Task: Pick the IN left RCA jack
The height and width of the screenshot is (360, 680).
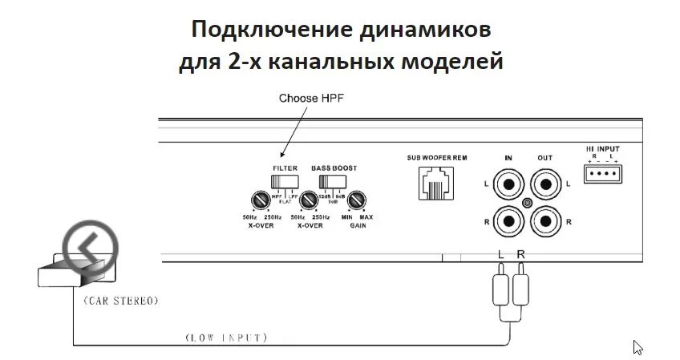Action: (x=508, y=186)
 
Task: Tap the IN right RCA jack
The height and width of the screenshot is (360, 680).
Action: (x=508, y=219)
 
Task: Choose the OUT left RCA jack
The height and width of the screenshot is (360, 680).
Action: (x=545, y=186)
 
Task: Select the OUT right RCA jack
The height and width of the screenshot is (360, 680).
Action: (x=545, y=219)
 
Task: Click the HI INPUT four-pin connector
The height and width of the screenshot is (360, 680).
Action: (x=602, y=175)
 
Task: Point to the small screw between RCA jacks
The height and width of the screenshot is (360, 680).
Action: (x=527, y=203)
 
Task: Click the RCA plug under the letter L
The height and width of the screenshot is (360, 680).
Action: (x=500, y=289)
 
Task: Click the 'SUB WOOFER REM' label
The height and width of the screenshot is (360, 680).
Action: (x=436, y=157)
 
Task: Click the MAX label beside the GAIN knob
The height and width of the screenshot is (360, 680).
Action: (x=366, y=218)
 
